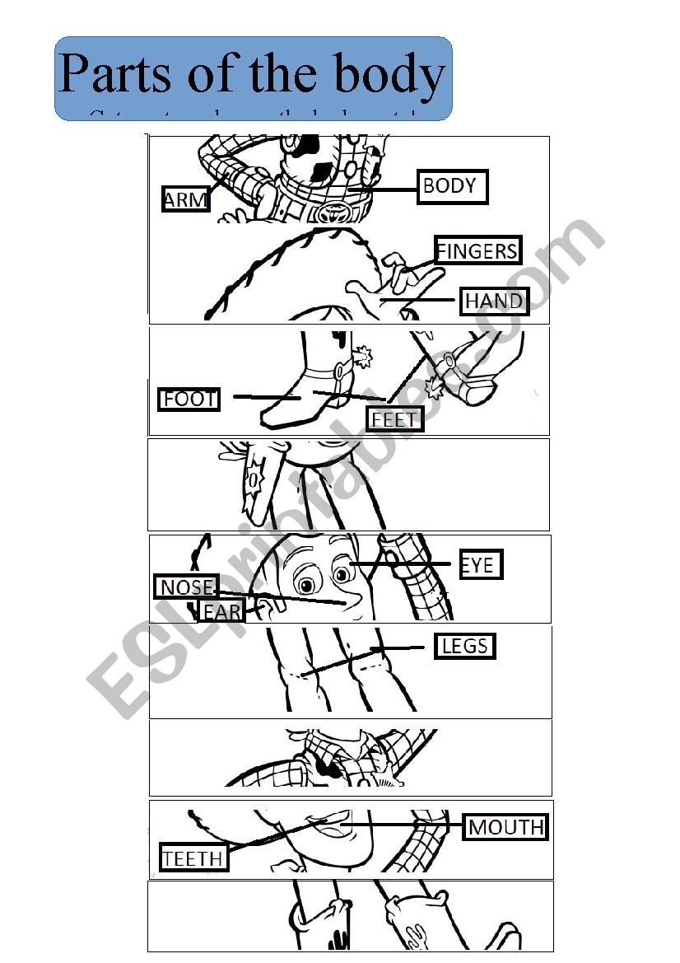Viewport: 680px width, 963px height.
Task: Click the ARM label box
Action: click(185, 199)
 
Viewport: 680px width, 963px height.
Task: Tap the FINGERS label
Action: click(477, 250)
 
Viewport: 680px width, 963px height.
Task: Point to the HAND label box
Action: click(493, 302)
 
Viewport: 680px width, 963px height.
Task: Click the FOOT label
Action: click(189, 400)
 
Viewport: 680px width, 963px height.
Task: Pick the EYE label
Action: click(480, 565)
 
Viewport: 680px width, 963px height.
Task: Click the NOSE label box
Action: click(187, 587)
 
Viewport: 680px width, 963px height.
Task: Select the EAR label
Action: click(221, 611)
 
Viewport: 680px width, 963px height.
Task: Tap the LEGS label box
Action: click(465, 646)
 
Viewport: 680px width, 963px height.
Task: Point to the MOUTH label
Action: click(506, 826)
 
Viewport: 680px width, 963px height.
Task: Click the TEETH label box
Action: click(193, 858)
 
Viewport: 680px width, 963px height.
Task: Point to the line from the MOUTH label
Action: click(403, 824)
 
